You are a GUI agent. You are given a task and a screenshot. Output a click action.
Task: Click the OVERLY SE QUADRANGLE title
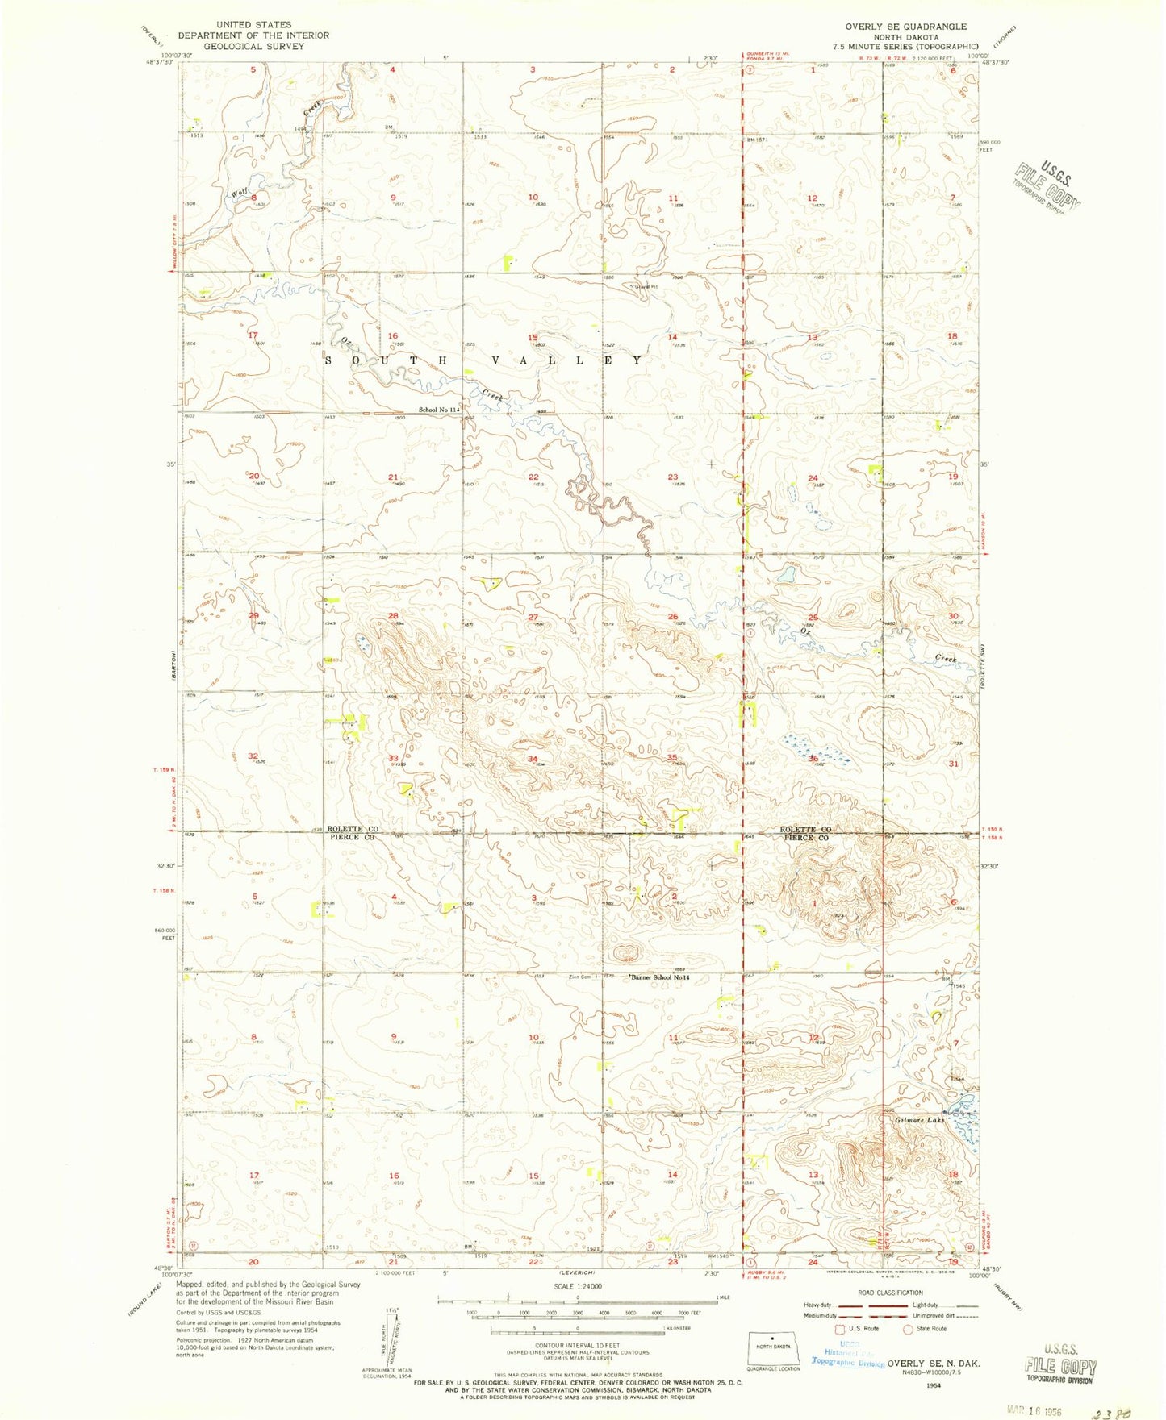(905, 27)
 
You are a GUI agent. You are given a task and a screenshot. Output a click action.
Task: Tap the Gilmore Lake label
(918, 1120)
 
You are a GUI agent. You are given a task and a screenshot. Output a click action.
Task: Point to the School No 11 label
(438, 410)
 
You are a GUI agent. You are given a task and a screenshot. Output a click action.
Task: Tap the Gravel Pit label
(646, 286)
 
